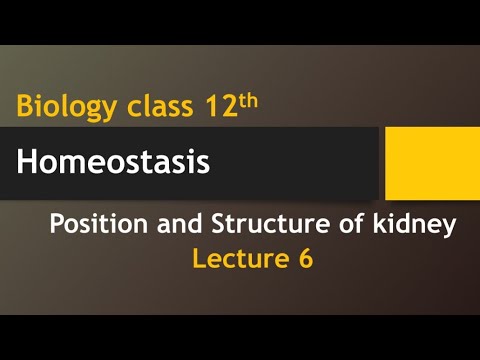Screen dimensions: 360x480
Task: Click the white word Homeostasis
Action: point(113,162)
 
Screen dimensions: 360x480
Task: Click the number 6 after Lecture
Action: point(304,259)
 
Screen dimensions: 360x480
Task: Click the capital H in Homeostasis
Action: point(27,162)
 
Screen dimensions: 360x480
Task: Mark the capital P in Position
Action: point(57,226)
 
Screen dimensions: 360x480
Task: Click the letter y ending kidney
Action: point(449,230)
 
